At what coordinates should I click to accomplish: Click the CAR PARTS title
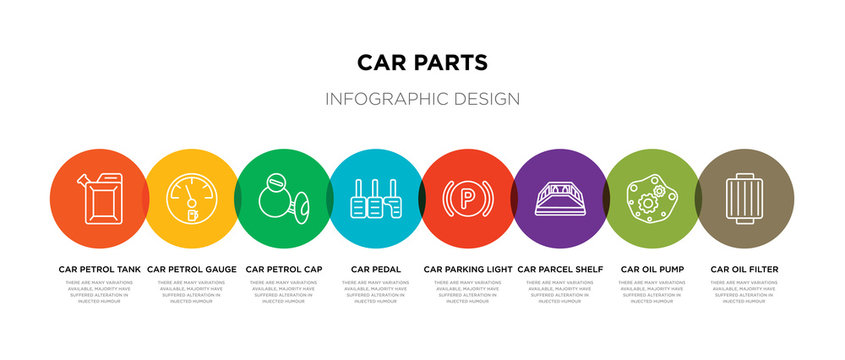click(422, 62)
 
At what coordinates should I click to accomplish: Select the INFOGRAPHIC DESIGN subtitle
click(422, 99)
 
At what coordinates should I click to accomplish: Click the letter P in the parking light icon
click(467, 197)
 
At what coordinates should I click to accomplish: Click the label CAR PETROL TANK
click(100, 269)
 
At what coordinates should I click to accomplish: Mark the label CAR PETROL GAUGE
click(192, 269)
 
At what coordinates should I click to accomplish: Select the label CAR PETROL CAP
click(284, 269)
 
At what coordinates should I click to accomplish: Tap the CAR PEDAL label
click(376, 269)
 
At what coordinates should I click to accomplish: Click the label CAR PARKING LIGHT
click(468, 269)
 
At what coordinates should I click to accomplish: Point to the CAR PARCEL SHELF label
click(560, 269)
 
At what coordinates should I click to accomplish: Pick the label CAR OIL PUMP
click(652, 269)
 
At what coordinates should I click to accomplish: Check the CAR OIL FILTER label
click(744, 269)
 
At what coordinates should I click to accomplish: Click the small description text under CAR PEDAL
click(376, 291)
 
